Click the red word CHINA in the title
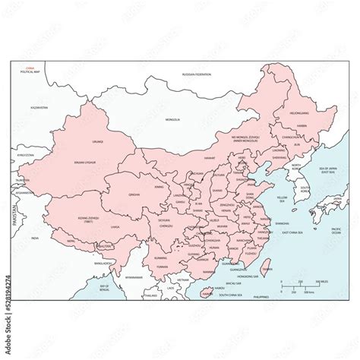30,67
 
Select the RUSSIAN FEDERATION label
197,74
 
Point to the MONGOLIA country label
174,120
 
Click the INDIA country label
33,237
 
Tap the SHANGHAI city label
281,223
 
